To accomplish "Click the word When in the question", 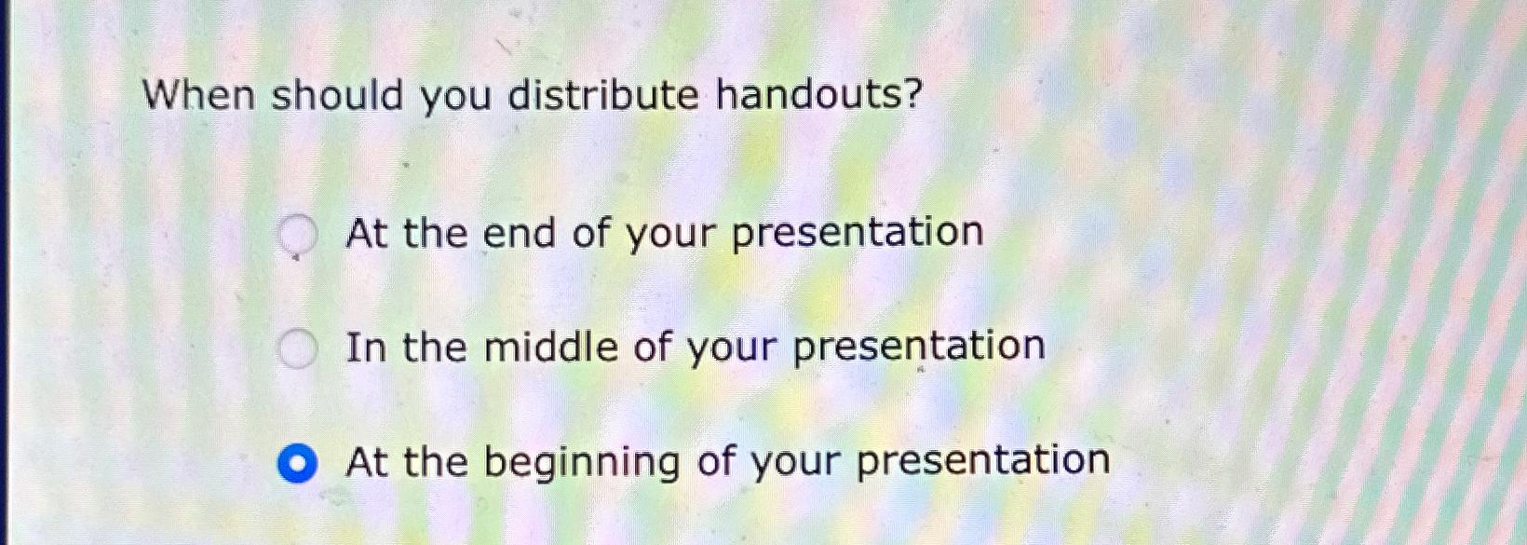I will (x=197, y=95).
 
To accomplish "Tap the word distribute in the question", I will (x=602, y=95).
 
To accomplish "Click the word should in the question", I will (x=337, y=95).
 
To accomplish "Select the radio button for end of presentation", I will (x=298, y=235).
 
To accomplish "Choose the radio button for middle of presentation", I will (x=298, y=349).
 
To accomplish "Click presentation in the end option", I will (x=858, y=233).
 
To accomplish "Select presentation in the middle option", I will (x=919, y=347).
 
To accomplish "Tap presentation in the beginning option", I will (x=983, y=461).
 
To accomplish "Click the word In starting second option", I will (x=365, y=347).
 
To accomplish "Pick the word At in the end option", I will (x=366, y=233).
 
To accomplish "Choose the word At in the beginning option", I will (x=366, y=462).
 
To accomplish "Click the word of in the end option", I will (x=590, y=233).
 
